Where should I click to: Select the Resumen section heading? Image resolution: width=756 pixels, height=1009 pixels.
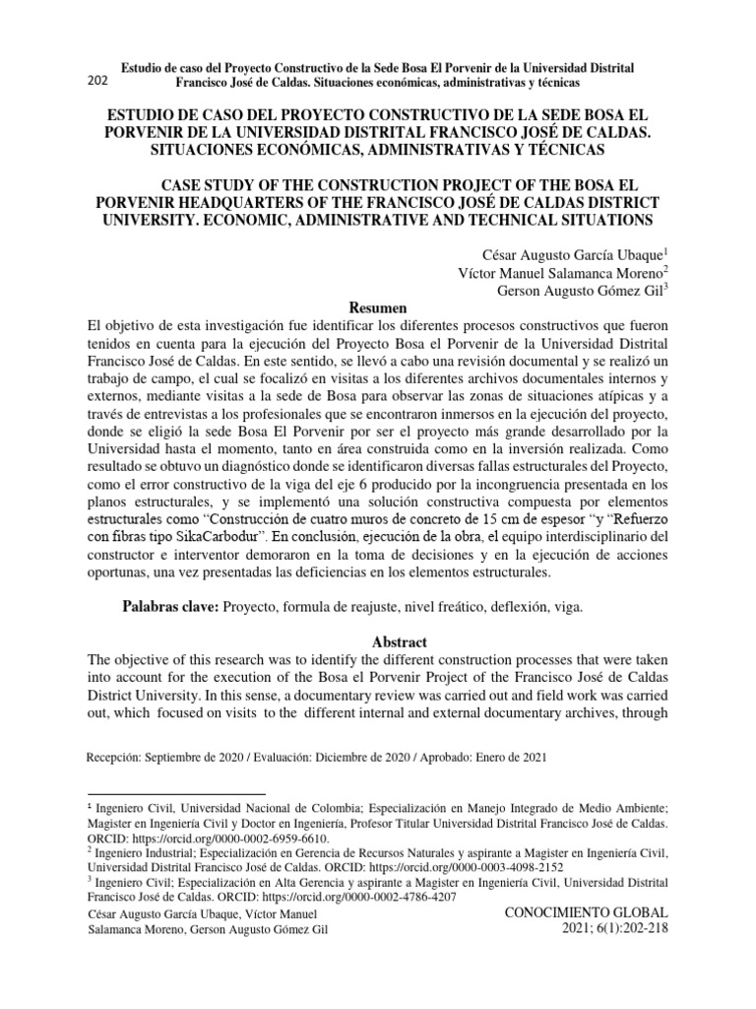378,307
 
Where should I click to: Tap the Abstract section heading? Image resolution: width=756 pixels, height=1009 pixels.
377,640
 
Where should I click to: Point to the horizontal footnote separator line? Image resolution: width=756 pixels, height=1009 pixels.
177,792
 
